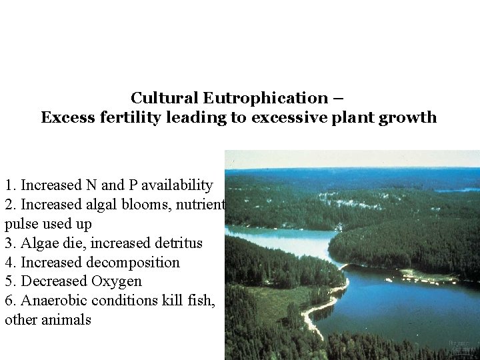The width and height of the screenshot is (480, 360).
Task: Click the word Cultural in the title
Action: pos(164,99)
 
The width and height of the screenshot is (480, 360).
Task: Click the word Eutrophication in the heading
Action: pos(265,99)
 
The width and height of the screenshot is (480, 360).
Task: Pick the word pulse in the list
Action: pos(21,223)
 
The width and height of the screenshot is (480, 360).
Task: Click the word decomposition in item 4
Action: pos(133,262)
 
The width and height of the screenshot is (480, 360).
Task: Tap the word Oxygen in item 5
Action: pos(116,281)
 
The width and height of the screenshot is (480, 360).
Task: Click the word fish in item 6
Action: pos(202,301)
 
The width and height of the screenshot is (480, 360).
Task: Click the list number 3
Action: pos(9,243)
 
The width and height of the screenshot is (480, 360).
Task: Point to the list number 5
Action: pos(9,281)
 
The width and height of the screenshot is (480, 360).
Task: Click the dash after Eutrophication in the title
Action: pos(337,99)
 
